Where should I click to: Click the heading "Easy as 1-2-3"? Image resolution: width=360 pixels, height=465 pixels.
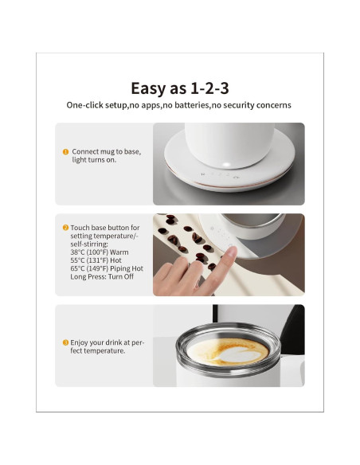(180, 88)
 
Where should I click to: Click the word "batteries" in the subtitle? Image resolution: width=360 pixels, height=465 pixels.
(192, 105)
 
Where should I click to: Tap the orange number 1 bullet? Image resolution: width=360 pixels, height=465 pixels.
(65, 152)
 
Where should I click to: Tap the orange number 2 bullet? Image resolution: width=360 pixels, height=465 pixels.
(65, 228)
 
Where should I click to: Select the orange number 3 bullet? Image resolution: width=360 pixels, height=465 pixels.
(65, 342)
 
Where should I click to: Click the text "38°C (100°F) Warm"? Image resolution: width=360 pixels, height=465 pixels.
(100, 252)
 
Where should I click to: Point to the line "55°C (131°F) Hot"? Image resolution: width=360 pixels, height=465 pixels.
(96, 260)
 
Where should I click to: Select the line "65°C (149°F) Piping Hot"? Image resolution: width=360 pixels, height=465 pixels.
(107, 268)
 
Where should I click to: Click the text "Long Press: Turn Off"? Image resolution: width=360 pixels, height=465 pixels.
(102, 276)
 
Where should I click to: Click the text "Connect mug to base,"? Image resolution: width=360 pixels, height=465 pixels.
(107, 152)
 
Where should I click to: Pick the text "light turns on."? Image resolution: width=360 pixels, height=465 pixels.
(94, 160)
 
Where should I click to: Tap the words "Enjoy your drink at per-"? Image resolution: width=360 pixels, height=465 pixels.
(107, 342)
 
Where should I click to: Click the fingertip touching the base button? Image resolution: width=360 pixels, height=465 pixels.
(231, 252)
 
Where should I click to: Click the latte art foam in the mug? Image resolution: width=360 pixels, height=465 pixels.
(228, 352)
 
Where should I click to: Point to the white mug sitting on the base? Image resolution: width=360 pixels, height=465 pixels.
(229, 145)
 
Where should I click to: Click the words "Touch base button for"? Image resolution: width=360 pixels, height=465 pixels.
(105, 228)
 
